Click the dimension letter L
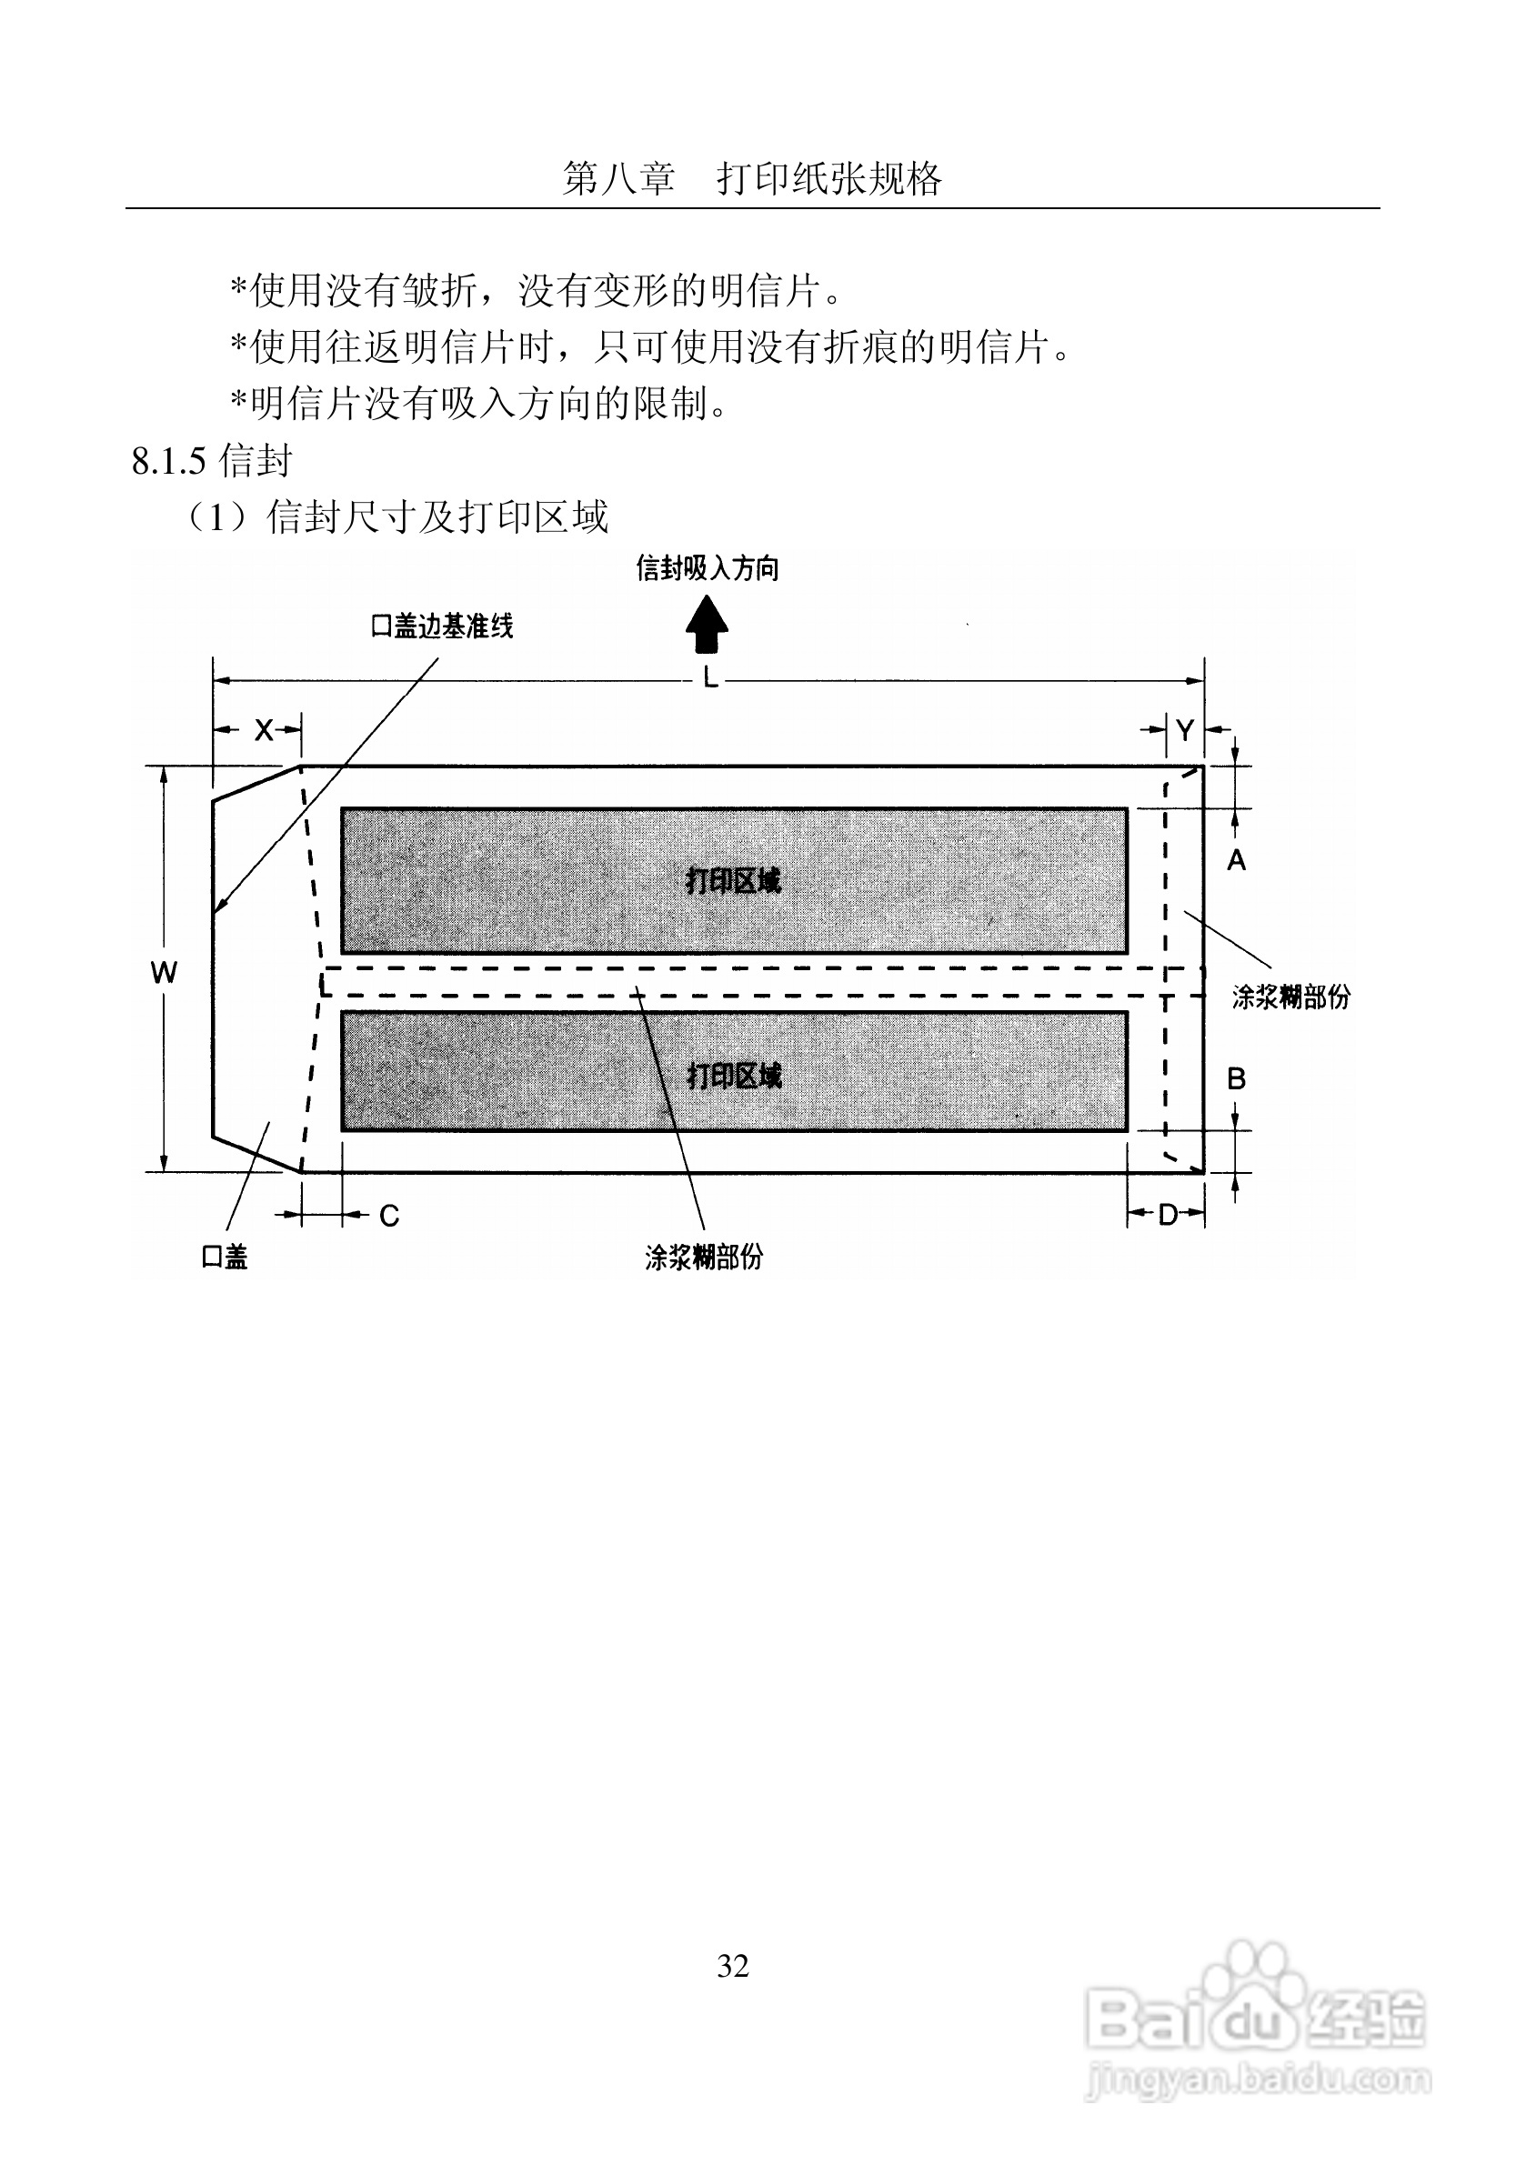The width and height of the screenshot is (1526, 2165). pyautogui.click(x=709, y=677)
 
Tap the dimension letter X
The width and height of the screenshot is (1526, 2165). pyautogui.click(x=263, y=730)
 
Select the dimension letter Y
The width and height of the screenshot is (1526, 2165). pyautogui.click(x=1185, y=730)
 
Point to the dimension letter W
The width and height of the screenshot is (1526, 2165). pyautogui.click(x=163, y=973)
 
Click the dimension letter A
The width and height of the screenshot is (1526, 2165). pyautogui.click(x=1236, y=860)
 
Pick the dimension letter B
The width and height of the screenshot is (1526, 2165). pyautogui.click(x=1236, y=1078)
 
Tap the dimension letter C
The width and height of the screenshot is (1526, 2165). pyautogui.click(x=388, y=1217)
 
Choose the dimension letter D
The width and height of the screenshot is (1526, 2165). pyautogui.click(x=1168, y=1216)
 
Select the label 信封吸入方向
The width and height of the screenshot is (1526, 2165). pyautogui.click(x=708, y=568)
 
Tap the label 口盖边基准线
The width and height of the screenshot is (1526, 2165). pyautogui.click(x=441, y=626)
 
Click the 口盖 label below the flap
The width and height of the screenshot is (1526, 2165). pyautogui.click(x=225, y=1257)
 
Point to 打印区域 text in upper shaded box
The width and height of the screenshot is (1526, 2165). pyautogui.click(x=733, y=881)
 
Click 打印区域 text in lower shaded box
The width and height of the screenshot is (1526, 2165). pyautogui.click(x=734, y=1075)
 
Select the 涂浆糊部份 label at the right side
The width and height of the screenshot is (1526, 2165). pyautogui.click(x=1290, y=997)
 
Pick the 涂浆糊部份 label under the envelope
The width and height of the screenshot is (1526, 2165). pyautogui.click(x=704, y=1257)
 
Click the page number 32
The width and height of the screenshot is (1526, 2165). pyautogui.click(x=733, y=1965)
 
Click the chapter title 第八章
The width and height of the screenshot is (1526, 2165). pyautogui.click(x=618, y=178)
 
